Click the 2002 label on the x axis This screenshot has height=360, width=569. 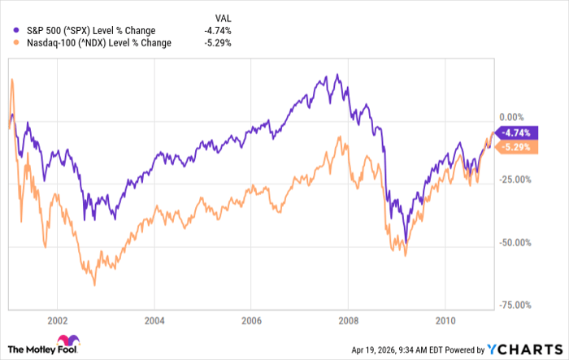[x=57, y=319]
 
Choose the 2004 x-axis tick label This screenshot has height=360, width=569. [x=154, y=319]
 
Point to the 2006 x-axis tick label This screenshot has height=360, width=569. [x=250, y=319]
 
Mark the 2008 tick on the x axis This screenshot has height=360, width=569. [x=348, y=319]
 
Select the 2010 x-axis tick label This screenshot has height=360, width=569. [x=445, y=319]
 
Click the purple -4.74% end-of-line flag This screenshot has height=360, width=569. [x=516, y=133]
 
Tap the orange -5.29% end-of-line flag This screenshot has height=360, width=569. [x=516, y=147]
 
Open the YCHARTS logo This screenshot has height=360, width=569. [x=523, y=349]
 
